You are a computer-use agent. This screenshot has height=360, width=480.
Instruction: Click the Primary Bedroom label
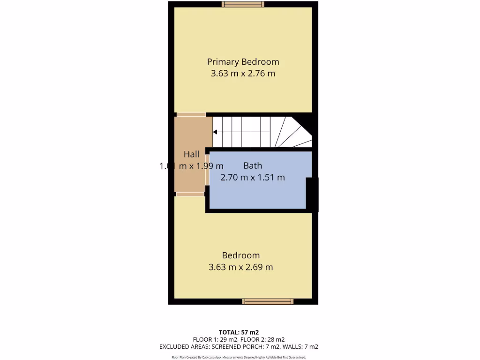[243, 61]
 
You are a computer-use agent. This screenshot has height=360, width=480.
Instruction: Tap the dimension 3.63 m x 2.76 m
[243, 74]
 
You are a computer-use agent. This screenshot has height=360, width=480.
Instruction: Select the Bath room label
[253, 165]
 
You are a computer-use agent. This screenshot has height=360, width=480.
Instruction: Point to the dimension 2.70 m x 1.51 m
[253, 178]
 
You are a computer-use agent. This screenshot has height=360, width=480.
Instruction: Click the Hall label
[191, 154]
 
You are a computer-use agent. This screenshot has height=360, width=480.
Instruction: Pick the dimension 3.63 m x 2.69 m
[240, 267]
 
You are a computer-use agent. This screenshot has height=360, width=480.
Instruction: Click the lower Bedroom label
[240, 255]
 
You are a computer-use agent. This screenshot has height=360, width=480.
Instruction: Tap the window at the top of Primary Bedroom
[243, 4]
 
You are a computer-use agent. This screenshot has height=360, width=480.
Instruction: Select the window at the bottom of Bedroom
[268, 301]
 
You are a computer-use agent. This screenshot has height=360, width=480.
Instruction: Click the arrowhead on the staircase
[215, 132]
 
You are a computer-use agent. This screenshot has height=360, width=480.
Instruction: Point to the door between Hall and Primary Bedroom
[191, 114]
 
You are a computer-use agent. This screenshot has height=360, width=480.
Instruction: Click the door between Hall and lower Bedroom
[190, 194]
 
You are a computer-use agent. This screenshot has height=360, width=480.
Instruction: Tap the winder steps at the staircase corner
[293, 134]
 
